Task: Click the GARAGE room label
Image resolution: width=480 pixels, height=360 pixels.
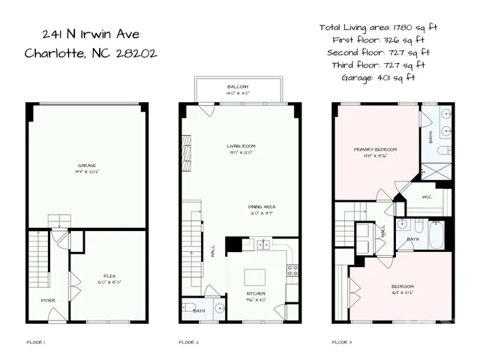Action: (87, 166)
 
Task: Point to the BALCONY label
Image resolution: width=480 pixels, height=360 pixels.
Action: (238, 88)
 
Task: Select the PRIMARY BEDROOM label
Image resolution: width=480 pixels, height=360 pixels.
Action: (375, 149)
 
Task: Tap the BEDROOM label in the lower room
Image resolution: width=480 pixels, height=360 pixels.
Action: (400, 286)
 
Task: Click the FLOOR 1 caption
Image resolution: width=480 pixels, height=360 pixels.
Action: (36, 342)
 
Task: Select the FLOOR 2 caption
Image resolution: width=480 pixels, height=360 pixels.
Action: (188, 342)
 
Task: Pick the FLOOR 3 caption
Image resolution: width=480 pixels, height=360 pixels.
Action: (342, 342)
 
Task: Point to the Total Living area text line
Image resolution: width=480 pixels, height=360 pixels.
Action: (378, 27)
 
